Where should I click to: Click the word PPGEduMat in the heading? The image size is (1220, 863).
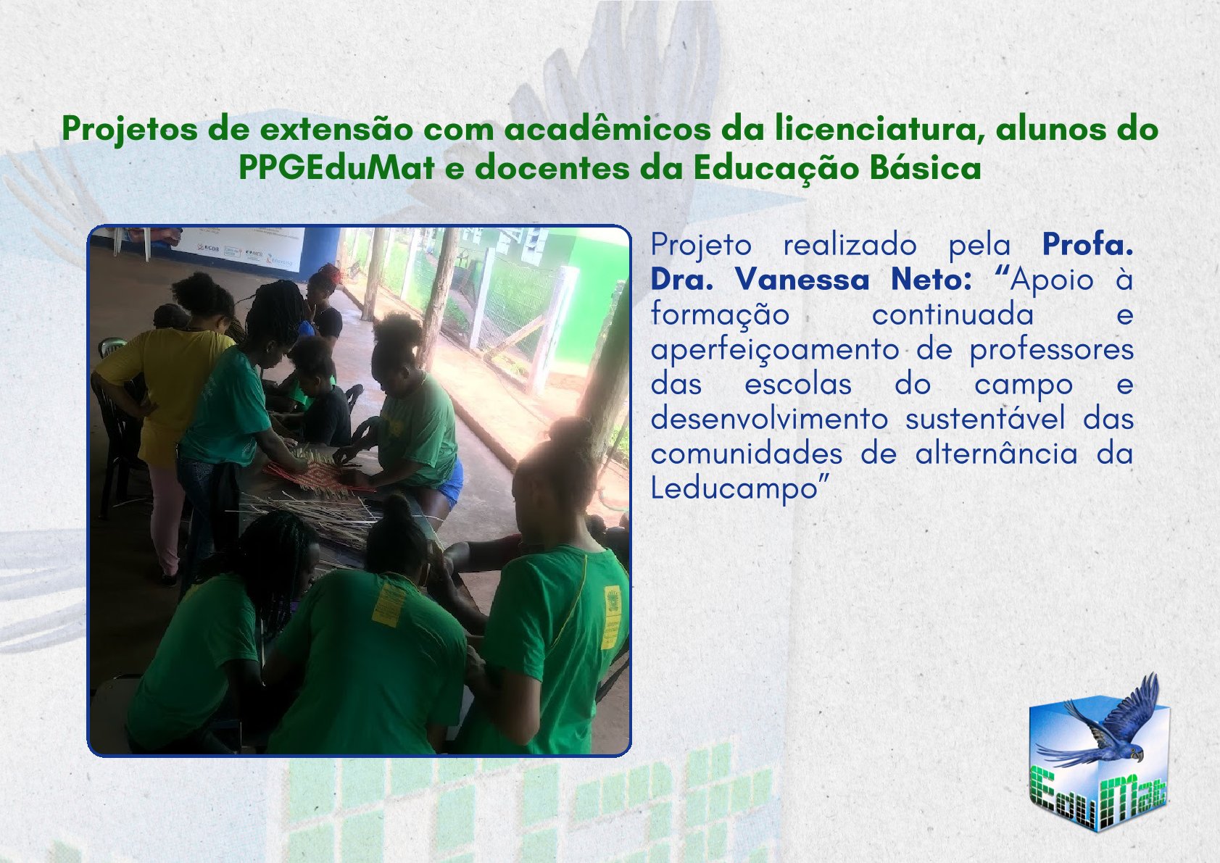pyautogui.click(x=336, y=169)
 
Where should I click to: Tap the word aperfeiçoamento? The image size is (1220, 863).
pyautogui.click(x=774, y=350)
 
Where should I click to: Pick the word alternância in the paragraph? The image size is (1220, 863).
pyautogui.click(x=996, y=454)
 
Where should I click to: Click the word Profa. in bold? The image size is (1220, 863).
pyautogui.click(x=1087, y=245)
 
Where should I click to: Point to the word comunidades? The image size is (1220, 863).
pyautogui.click(x=747, y=454)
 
